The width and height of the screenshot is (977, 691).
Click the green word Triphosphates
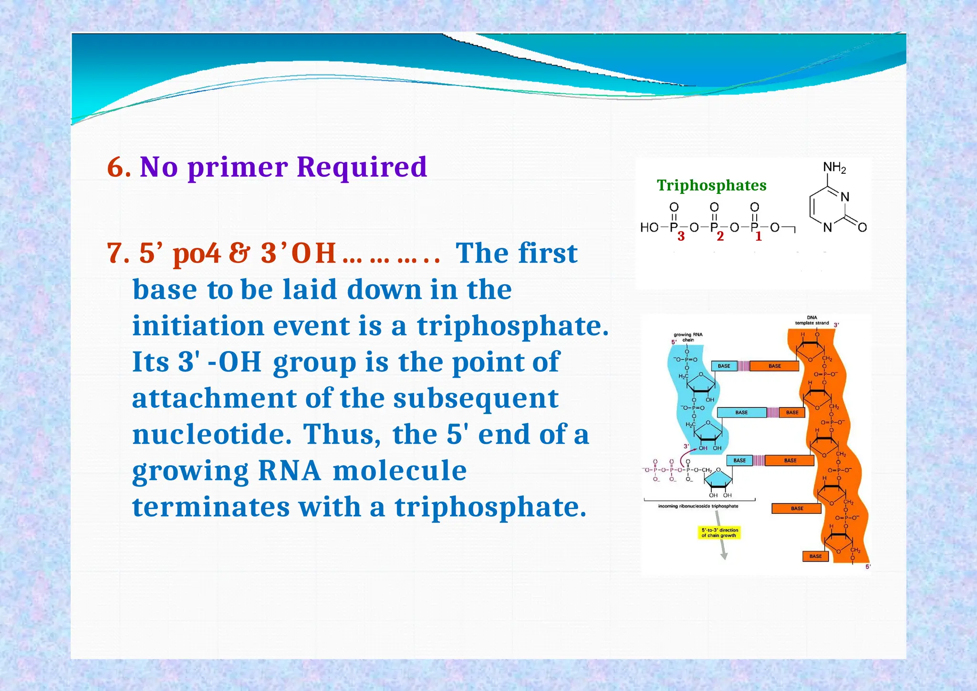point(711,185)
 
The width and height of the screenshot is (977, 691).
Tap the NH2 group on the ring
point(834,168)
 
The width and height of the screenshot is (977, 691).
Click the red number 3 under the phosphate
point(681,236)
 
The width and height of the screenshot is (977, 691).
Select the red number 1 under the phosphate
point(759,236)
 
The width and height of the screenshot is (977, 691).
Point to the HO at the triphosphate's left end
point(649,227)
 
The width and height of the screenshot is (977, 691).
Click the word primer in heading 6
point(238,167)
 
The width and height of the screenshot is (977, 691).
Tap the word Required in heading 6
point(361,167)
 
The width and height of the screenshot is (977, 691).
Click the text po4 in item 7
point(197,253)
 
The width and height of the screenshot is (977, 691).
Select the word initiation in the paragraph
point(198,326)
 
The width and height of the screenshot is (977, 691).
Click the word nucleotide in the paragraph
point(211,435)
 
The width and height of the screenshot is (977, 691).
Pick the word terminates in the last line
point(210,507)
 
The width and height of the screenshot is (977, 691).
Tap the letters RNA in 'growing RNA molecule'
point(289,471)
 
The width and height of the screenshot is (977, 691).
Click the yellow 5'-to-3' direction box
point(719,532)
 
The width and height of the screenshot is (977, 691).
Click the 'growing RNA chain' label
point(687,337)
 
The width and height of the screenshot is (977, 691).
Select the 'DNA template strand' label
point(811,320)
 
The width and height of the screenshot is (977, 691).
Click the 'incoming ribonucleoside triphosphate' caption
point(698,506)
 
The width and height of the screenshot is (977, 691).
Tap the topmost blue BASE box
point(724,366)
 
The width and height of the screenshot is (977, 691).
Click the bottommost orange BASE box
point(815,556)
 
